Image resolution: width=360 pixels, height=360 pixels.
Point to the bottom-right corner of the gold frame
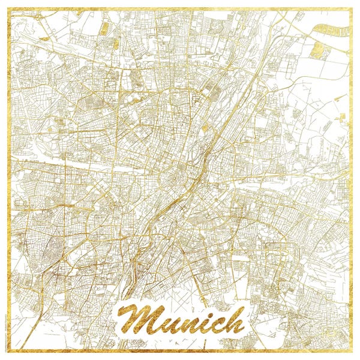click(351, 351)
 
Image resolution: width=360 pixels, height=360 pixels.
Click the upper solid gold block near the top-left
click(104, 28)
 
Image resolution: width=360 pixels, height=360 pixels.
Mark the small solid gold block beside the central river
click(205, 128)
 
